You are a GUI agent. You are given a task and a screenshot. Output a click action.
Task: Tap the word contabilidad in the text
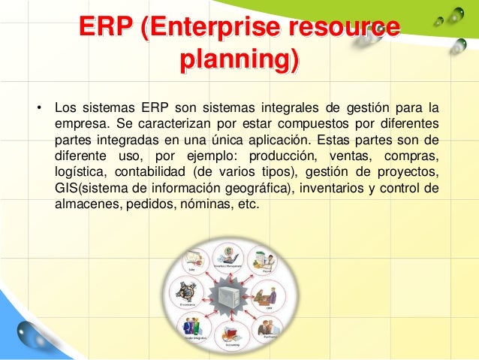[151, 172]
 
